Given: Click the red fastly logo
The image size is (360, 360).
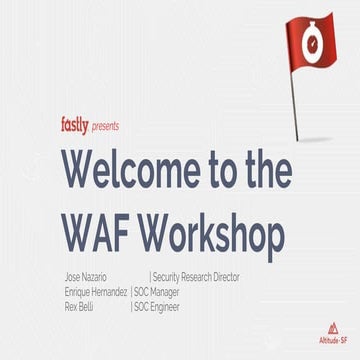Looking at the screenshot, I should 74,125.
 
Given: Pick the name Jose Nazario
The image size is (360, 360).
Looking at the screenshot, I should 87,276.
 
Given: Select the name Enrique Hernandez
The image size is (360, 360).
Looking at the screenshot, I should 94,290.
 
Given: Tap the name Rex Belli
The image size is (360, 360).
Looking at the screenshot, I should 80,304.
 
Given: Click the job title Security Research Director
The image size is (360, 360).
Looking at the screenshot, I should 196,276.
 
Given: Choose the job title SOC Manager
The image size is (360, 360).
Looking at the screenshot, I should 163,290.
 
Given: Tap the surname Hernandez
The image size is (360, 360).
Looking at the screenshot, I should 108,290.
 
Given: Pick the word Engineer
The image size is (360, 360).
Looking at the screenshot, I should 172,304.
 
